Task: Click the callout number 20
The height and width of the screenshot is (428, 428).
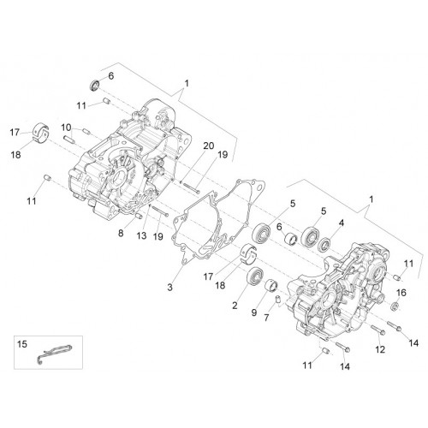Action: (x=209, y=146)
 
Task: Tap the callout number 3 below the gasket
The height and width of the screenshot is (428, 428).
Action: (x=170, y=287)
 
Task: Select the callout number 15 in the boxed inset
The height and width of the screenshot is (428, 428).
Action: (x=22, y=344)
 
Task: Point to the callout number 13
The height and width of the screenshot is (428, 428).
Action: (x=141, y=235)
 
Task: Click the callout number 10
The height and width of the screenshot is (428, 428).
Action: (x=66, y=128)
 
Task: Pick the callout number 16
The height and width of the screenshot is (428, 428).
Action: (x=401, y=293)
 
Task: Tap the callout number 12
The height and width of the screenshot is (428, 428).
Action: (x=380, y=349)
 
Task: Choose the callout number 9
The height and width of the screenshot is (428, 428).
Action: (x=254, y=312)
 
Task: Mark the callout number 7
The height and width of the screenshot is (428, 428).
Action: (x=266, y=317)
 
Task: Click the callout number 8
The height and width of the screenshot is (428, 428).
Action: (x=121, y=233)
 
